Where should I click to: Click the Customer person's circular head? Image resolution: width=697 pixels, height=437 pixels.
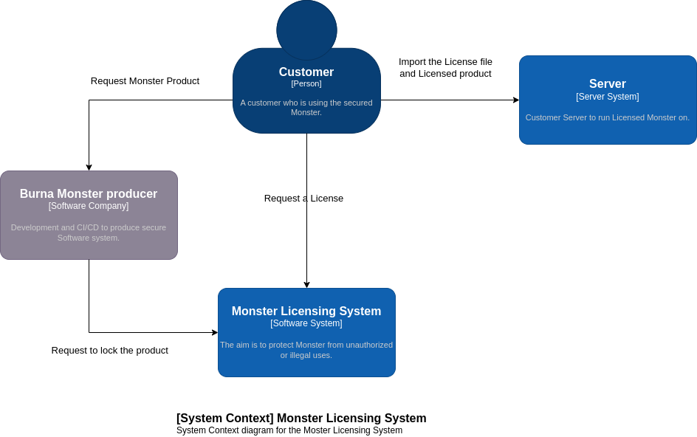(x=306, y=30)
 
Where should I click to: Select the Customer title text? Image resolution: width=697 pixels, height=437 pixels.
(x=306, y=72)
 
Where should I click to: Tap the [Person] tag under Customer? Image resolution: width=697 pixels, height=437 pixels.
(x=306, y=83)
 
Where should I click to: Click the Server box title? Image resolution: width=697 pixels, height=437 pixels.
(x=608, y=84)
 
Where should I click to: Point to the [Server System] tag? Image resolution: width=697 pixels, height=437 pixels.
(x=608, y=97)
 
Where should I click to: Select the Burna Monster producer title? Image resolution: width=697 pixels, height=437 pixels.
(x=89, y=194)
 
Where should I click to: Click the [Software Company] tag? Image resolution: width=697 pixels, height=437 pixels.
(x=89, y=206)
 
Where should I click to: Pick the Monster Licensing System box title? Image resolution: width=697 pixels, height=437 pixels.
(x=306, y=312)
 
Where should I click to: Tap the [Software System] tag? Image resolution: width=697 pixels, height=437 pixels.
(x=306, y=323)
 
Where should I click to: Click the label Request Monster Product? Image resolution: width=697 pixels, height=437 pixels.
(x=145, y=81)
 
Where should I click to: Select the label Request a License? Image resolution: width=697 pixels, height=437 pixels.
(x=303, y=199)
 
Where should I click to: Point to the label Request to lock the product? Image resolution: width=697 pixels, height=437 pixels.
(x=110, y=351)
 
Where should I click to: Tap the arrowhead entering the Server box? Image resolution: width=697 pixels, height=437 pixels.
(x=516, y=100)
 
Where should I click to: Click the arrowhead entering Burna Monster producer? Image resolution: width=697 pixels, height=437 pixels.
(x=89, y=168)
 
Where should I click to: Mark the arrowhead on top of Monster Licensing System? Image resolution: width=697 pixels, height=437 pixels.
(x=306, y=285)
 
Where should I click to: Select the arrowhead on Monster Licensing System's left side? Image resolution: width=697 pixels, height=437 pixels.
(x=215, y=333)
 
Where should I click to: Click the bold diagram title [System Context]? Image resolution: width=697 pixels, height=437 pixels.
(x=301, y=419)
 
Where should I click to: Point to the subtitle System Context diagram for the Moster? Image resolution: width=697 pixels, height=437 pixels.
(x=289, y=430)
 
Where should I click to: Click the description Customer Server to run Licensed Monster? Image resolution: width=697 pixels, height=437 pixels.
(x=608, y=117)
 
